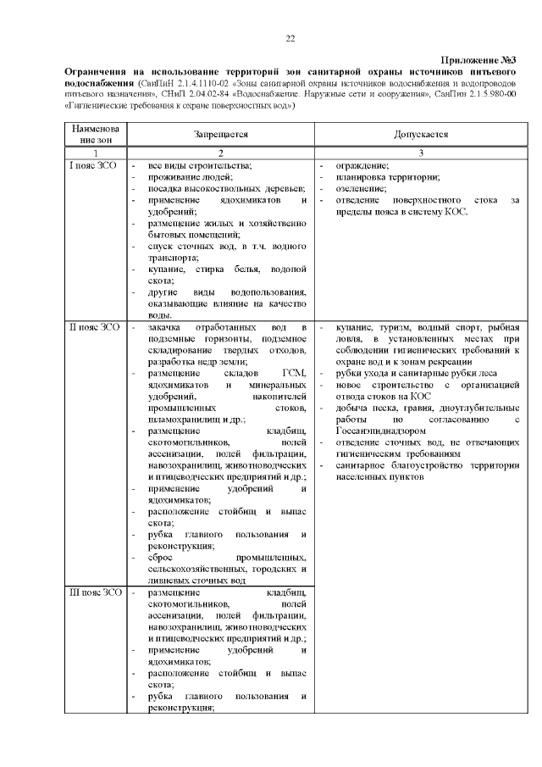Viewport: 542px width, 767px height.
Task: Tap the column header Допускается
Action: click(x=420, y=135)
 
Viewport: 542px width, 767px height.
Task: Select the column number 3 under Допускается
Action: click(x=420, y=152)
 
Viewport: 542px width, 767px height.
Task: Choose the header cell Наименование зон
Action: click(x=94, y=135)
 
